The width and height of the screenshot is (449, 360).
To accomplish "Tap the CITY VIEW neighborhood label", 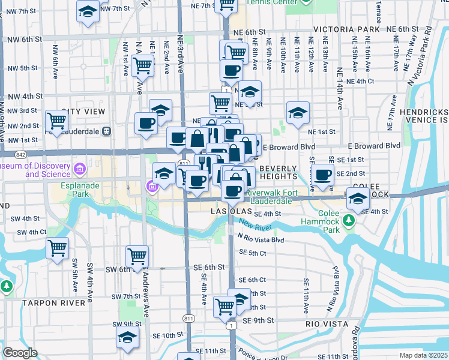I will click(x=84, y=112).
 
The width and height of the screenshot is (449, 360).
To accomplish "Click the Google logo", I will click(x=20, y=353).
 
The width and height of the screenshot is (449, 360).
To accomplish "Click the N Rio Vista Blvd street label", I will click(x=261, y=239).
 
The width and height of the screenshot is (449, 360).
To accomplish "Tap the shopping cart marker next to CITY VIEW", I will click(x=56, y=121).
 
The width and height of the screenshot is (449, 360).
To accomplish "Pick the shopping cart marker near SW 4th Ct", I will click(x=58, y=247).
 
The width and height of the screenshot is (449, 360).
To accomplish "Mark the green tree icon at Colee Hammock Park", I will click(x=349, y=221).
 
